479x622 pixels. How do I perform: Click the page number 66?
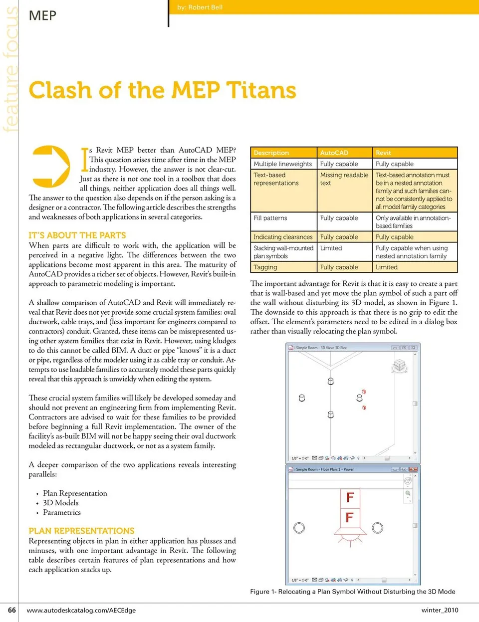click(x=12, y=610)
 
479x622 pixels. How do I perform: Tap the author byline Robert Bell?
click(x=200, y=7)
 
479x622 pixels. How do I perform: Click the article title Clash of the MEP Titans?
click(x=162, y=90)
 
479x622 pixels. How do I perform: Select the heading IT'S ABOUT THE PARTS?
click(x=77, y=235)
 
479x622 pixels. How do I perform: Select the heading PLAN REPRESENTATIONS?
click(x=81, y=531)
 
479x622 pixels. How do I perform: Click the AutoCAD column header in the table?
click(x=334, y=153)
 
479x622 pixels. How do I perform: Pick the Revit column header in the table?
click(x=383, y=153)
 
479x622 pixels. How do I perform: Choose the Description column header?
click(x=271, y=153)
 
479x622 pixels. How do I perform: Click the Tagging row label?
click(x=265, y=267)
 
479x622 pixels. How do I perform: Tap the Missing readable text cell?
click(x=344, y=179)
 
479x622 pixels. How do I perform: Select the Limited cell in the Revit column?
click(x=387, y=267)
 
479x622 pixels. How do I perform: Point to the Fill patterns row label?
click(x=270, y=218)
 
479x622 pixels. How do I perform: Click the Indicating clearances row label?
click(x=283, y=237)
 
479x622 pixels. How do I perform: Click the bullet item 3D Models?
click(x=61, y=503)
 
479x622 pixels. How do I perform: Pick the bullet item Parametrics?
click(x=62, y=512)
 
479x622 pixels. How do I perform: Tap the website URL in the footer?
click(x=81, y=610)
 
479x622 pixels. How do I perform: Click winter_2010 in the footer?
click(x=440, y=610)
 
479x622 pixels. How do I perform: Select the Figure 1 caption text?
click(x=352, y=592)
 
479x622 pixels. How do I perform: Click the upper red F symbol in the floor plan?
click(x=350, y=497)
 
